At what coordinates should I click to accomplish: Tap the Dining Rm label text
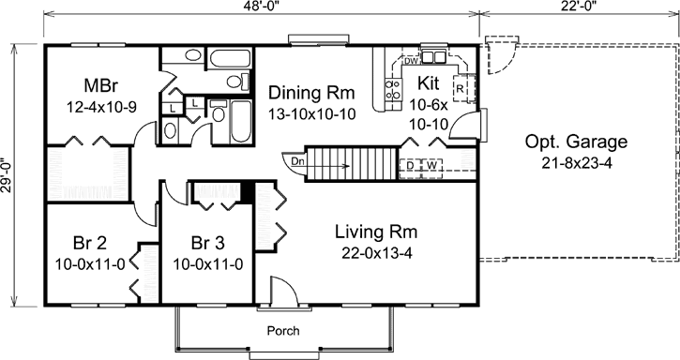(x=310, y=93)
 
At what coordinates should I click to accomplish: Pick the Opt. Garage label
(x=576, y=142)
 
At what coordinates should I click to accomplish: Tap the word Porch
(x=283, y=330)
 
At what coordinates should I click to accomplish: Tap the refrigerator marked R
(x=461, y=89)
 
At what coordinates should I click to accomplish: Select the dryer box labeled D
(x=411, y=166)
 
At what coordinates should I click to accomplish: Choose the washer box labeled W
(x=432, y=166)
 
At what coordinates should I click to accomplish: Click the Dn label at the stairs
(x=298, y=160)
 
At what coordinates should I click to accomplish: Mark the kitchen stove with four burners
(x=392, y=90)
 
